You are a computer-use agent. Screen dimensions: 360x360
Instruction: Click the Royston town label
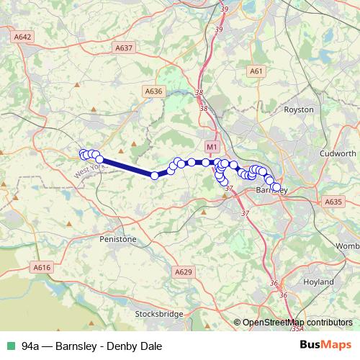(x=300, y=109)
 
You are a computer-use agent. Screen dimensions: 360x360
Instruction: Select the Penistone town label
(x=117, y=239)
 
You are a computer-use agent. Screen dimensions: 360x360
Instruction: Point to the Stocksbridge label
(x=158, y=314)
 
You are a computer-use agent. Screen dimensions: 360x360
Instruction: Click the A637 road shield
(x=125, y=48)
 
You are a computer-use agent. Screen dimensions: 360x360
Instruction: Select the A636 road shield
(x=154, y=91)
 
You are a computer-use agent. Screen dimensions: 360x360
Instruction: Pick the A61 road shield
(x=256, y=71)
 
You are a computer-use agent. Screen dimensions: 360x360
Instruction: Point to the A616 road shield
(x=42, y=267)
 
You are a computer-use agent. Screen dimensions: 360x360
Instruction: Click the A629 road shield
(x=184, y=271)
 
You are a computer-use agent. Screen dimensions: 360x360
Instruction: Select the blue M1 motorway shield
(x=212, y=147)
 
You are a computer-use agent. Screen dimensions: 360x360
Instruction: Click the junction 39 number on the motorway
(x=225, y=9)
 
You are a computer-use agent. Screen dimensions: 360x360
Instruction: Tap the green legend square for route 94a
(x=10, y=346)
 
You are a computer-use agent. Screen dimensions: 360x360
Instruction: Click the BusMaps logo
(x=325, y=345)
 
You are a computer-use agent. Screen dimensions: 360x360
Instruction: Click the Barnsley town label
(x=272, y=190)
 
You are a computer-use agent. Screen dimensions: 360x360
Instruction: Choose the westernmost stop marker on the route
(x=83, y=153)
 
